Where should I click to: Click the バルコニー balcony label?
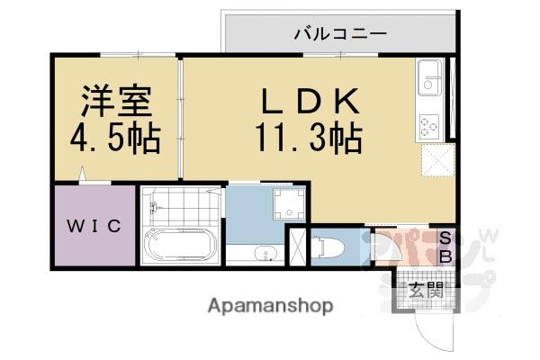[340, 35]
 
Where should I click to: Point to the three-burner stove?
[428, 126]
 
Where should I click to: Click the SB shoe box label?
[445, 245]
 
